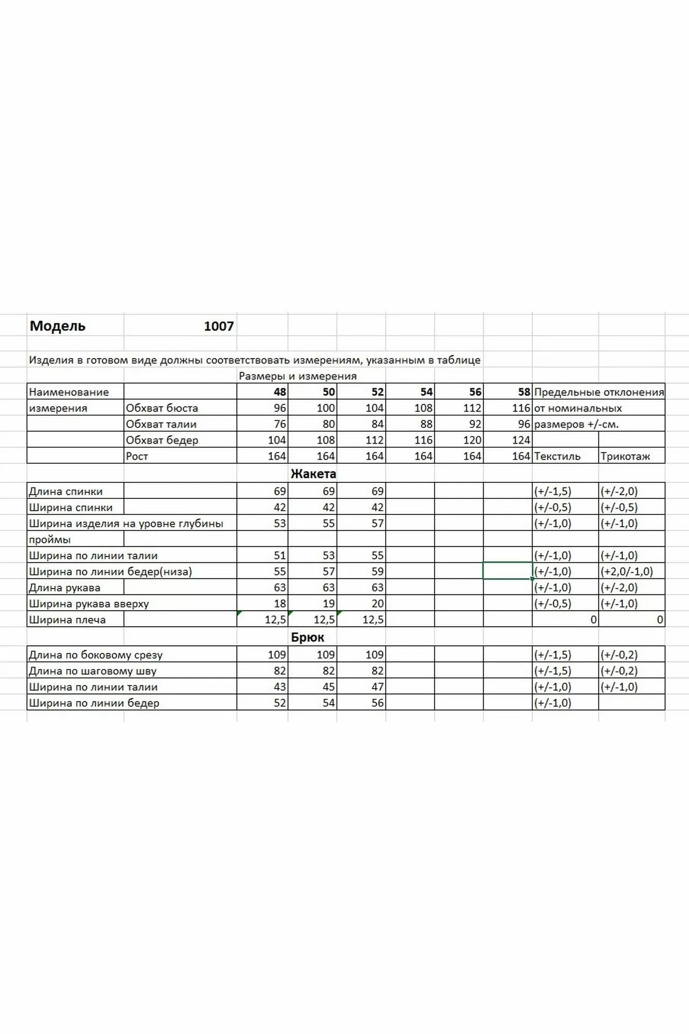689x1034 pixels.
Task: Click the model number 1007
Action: pos(219,326)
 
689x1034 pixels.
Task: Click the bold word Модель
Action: pos(57,326)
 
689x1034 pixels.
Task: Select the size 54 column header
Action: pos(426,392)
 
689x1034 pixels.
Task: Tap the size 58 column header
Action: pos(524,392)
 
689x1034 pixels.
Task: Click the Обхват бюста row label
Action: pos(162,408)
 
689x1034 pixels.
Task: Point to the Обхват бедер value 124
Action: pos(520,440)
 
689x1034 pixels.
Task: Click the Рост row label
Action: pos(137,456)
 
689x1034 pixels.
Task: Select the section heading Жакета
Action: pos(313,474)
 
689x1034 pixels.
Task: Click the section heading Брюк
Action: pos(308,637)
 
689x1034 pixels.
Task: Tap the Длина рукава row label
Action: pos(65,588)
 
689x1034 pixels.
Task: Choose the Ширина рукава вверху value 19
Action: pos(328,604)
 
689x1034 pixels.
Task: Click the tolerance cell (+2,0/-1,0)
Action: pos(626,572)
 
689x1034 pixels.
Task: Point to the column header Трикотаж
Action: pos(625,456)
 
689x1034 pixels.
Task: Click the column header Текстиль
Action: pos(557,456)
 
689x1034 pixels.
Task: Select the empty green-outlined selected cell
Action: pos(507,571)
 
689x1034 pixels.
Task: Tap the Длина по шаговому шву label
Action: pos(93,671)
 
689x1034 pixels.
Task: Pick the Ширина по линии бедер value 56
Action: pos(377,703)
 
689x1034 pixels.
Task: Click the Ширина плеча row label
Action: pos(67,620)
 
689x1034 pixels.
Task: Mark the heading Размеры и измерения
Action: pos(298,376)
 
